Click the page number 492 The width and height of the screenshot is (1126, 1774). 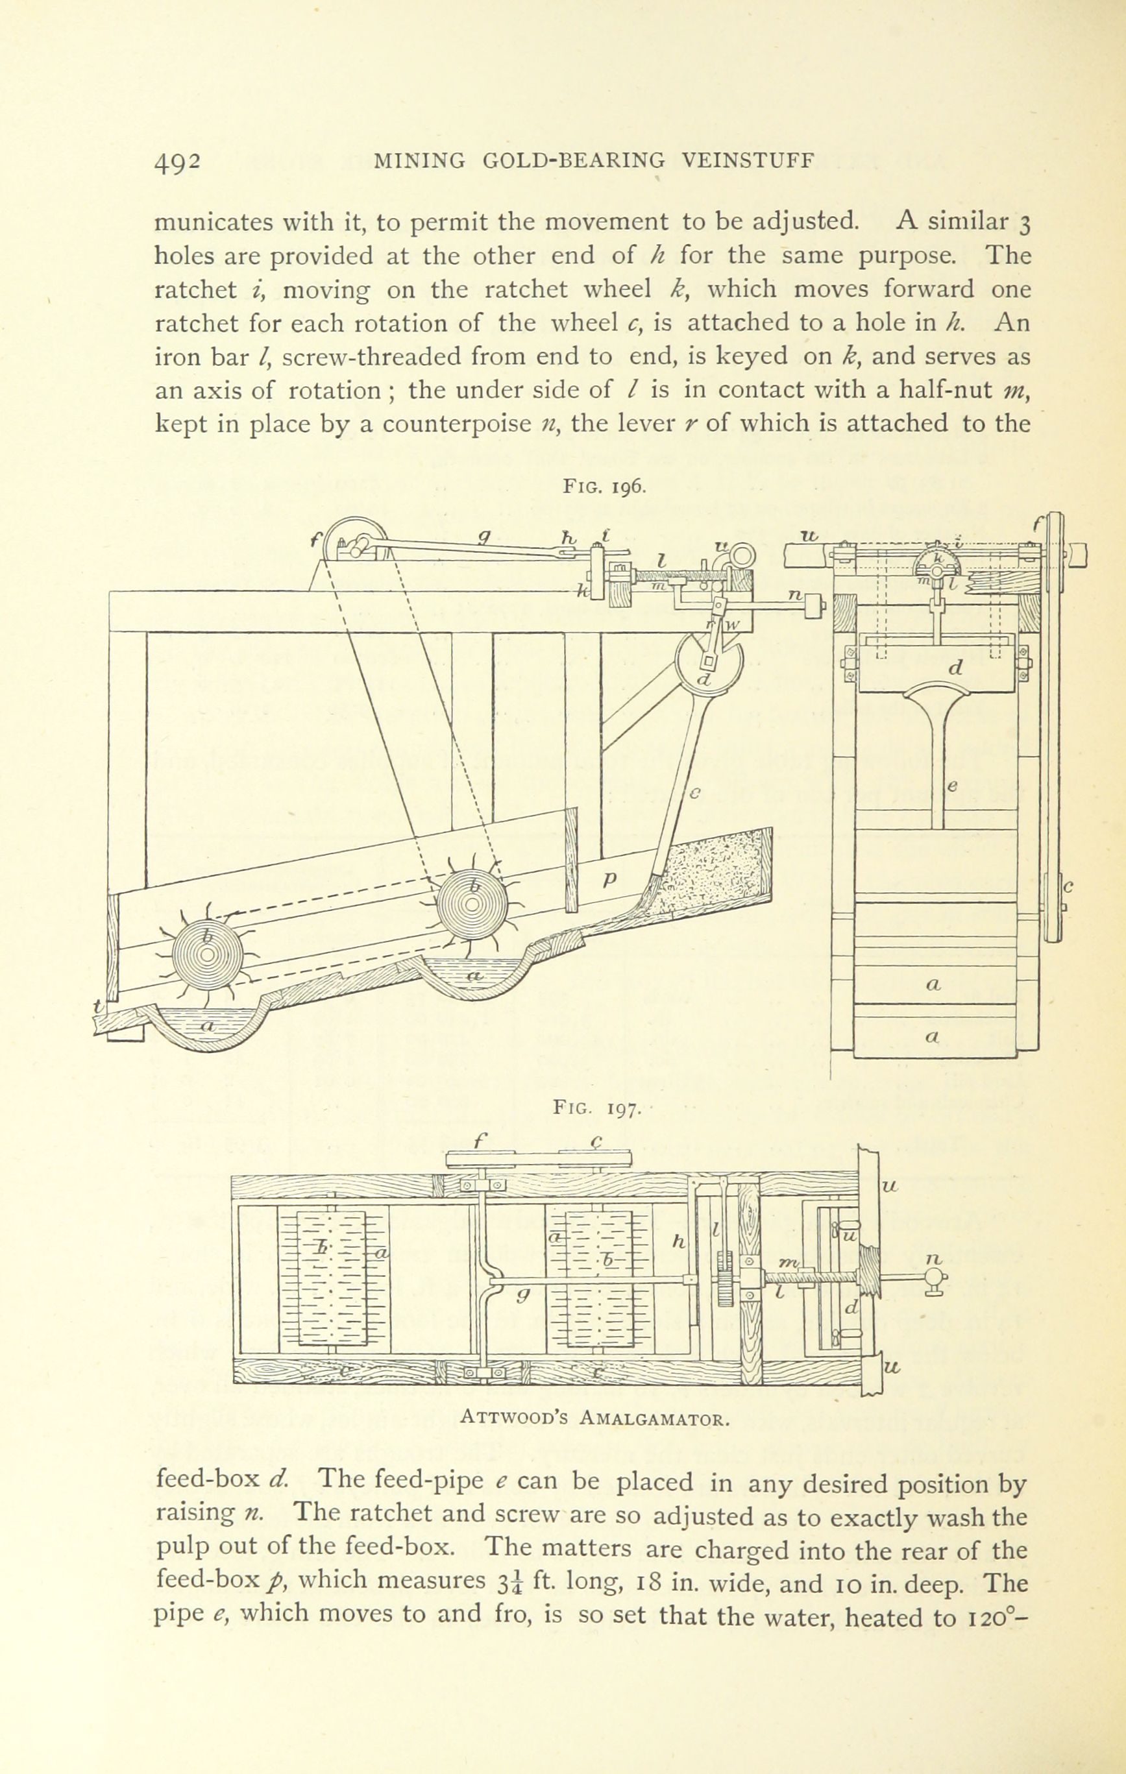(178, 162)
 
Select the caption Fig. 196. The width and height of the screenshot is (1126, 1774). (605, 487)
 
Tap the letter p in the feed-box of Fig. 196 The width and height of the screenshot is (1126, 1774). (609, 880)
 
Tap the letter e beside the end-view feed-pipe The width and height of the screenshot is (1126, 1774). (951, 788)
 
